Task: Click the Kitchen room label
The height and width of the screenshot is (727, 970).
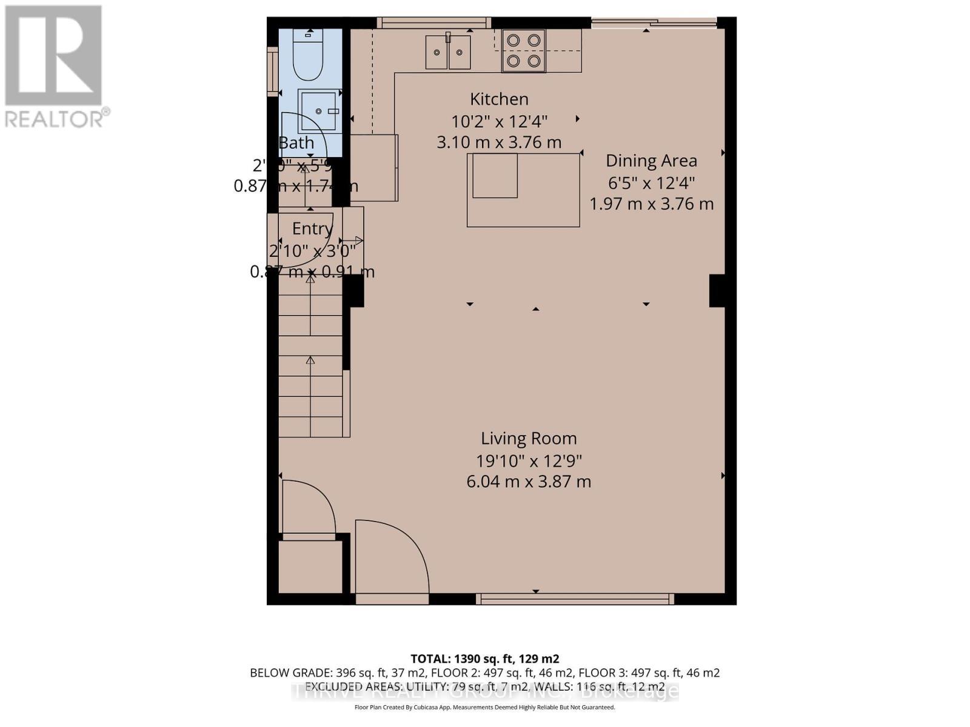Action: (499, 99)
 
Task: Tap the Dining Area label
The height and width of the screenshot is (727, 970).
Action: (651, 161)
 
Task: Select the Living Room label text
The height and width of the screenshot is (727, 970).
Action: (529, 438)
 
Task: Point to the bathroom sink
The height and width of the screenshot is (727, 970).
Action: (317, 111)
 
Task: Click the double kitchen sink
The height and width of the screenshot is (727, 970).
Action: (448, 52)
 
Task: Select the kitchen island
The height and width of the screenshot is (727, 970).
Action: (523, 190)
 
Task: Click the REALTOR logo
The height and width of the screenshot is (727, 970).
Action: (55, 67)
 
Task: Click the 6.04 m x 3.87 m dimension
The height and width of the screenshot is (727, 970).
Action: (529, 482)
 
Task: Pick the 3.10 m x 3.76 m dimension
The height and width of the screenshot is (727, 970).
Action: (499, 142)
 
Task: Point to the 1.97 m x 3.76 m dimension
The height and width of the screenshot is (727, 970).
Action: (651, 204)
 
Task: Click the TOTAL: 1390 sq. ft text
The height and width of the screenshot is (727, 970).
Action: (484, 659)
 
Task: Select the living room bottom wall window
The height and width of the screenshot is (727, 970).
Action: (574, 599)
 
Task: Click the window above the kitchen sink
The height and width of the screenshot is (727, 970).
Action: (433, 22)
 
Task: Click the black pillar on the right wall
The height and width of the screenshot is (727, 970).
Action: (717, 291)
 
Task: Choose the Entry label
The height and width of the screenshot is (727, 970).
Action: (312, 228)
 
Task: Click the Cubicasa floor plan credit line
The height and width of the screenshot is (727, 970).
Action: (484, 707)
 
